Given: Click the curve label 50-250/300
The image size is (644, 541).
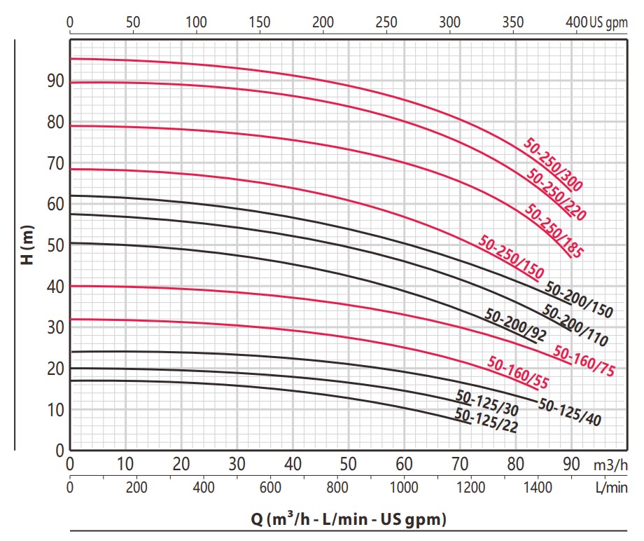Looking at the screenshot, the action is (x=553, y=165).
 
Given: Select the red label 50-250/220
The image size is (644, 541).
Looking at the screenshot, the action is (x=556, y=194).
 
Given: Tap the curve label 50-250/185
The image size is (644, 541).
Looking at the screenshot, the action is (x=554, y=231).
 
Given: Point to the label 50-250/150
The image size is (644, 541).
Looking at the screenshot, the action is (x=511, y=256).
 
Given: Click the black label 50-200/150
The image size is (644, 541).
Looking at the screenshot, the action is (x=579, y=300).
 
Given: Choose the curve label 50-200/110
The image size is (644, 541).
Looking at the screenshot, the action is (x=575, y=325).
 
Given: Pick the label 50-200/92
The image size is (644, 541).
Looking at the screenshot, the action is (x=515, y=324).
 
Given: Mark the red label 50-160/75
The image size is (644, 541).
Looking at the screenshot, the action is (x=584, y=360).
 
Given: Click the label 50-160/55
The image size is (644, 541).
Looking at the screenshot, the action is (x=518, y=372).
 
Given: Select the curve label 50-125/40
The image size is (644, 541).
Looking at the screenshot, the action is (x=570, y=412).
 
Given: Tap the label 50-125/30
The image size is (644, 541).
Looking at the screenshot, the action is (x=487, y=403).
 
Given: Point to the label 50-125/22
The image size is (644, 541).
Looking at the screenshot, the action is (x=486, y=420).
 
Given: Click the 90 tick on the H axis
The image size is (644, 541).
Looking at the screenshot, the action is (x=56, y=81).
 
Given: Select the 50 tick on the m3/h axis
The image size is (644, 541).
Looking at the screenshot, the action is (x=349, y=464).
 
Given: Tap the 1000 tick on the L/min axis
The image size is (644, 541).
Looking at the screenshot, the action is (x=404, y=488).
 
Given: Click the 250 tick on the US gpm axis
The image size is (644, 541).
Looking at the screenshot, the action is (x=386, y=22).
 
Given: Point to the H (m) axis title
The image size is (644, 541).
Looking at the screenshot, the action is (x=27, y=245).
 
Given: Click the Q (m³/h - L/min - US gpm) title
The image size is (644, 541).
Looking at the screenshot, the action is (x=349, y=519).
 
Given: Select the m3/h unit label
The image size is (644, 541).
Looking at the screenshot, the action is (x=610, y=465).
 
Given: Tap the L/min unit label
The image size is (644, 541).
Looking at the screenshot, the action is (x=612, y=488).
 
